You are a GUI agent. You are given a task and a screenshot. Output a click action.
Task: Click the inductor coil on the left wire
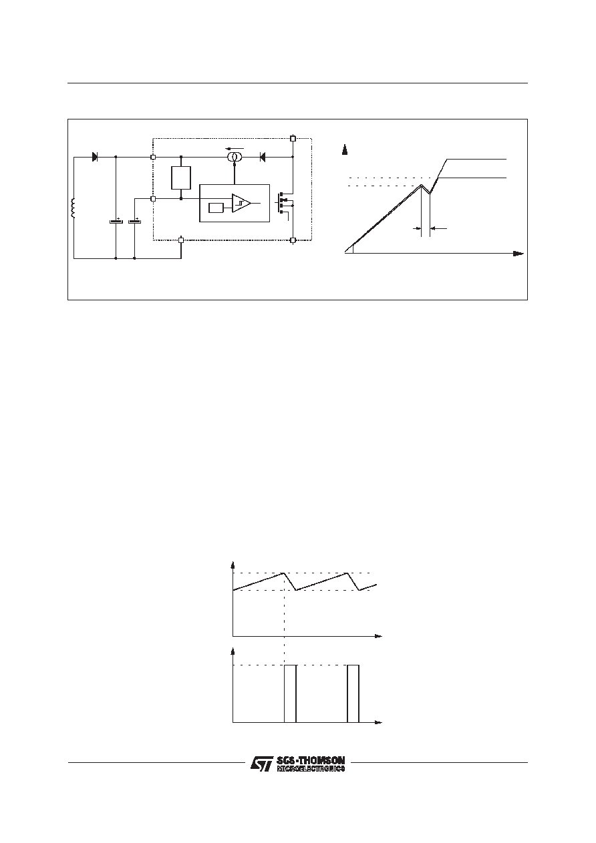tap(73, 208)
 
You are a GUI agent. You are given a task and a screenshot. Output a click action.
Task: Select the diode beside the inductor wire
tap(95, 157)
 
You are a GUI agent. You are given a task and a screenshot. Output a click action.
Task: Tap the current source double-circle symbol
tap(235, 157)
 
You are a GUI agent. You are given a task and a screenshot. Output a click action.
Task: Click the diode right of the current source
tap(263, 157)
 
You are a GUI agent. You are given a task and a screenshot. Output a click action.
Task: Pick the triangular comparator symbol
tap(241, 203)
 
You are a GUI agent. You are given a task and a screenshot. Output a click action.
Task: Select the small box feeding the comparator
tap(216, 208)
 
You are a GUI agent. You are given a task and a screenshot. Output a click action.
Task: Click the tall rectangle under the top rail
tap(181, 178)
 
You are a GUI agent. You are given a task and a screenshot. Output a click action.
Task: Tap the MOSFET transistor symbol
tap(285, 203)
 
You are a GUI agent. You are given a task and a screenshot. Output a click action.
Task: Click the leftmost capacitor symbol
tap(116, 222)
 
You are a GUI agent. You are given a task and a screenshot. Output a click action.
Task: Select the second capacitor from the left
tap(134, 222)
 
